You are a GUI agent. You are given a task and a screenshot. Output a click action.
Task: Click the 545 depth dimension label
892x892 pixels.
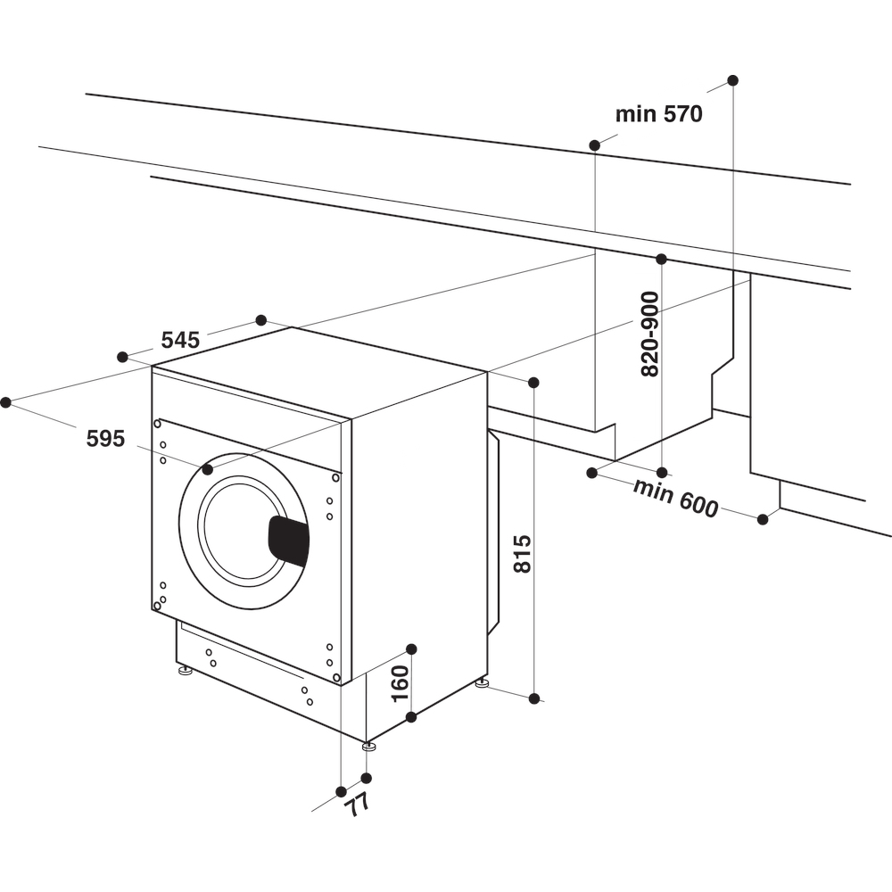coord(180,340)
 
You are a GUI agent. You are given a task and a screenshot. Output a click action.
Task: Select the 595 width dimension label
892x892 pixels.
coord(105,438)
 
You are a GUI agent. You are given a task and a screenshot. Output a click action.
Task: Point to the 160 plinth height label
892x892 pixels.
coord(400,682)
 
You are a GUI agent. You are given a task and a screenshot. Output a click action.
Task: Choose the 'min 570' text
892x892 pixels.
coord(659,114)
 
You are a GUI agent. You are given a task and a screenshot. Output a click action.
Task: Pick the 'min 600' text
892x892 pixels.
coord(675,498)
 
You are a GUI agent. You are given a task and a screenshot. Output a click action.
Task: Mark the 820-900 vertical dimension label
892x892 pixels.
coord(649,334)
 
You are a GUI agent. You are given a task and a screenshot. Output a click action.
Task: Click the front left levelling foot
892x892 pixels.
coord(186,670)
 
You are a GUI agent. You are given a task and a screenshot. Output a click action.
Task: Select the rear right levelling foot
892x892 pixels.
coord(482,683)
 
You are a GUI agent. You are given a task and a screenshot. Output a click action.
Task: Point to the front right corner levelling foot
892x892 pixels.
coord(368,746)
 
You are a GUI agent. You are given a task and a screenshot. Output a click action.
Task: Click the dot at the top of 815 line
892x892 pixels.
coord(533,383)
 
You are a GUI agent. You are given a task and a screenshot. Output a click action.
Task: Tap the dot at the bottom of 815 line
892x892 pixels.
coord(534,698)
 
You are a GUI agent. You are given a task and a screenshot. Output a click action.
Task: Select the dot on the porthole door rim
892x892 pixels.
coord(208,468)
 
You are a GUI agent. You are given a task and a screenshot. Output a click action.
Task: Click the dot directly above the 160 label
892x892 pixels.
coord(411,648)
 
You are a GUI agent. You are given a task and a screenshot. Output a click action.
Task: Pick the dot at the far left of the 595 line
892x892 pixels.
coord(5,402)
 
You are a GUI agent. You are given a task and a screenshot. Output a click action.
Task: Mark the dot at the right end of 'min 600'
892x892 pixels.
coord(763,519)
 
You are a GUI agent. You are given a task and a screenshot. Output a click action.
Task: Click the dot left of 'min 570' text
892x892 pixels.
coord(594,145)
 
